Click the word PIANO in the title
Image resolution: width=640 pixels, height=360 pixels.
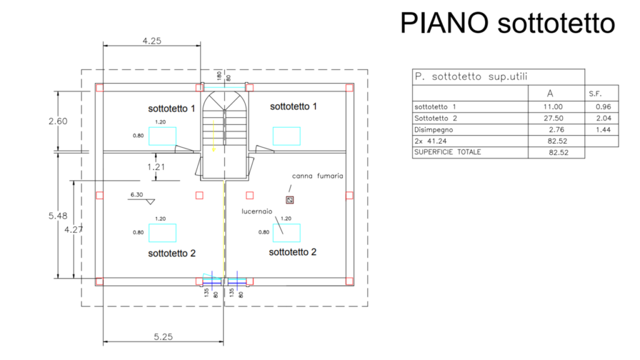tap(444, 23)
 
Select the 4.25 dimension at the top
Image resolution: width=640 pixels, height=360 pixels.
tap(152, 41)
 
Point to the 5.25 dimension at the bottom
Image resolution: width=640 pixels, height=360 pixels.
tap(163, 337)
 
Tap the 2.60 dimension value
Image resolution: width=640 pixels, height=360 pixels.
tap(58, 121)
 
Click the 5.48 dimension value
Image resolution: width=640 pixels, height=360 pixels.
tap(58, 216)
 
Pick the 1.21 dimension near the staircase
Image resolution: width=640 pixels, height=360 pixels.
tap(156, 167)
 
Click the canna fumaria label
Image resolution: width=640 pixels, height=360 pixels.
tap(317, 176)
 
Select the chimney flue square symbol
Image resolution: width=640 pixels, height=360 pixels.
tap(290, 200)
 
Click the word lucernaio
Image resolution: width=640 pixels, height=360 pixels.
tap(257, 211)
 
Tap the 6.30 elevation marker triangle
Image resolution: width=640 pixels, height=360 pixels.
tap(151, 202)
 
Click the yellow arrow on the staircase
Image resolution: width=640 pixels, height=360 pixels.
tap(214, 136)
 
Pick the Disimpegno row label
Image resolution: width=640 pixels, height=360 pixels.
tap(434, 130)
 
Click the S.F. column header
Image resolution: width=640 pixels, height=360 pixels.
tap(595, 94)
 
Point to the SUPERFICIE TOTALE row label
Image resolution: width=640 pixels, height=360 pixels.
tap(447, 152)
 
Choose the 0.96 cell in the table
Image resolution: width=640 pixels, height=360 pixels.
tap(603, 107)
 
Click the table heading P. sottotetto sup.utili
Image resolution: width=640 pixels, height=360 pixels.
tap(471, 77)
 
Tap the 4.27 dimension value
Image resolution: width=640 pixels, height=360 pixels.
tap(74, 230)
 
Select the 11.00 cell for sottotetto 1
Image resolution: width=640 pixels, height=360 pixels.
tap(553, 107)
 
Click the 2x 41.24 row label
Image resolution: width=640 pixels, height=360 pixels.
tap(431, 141)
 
